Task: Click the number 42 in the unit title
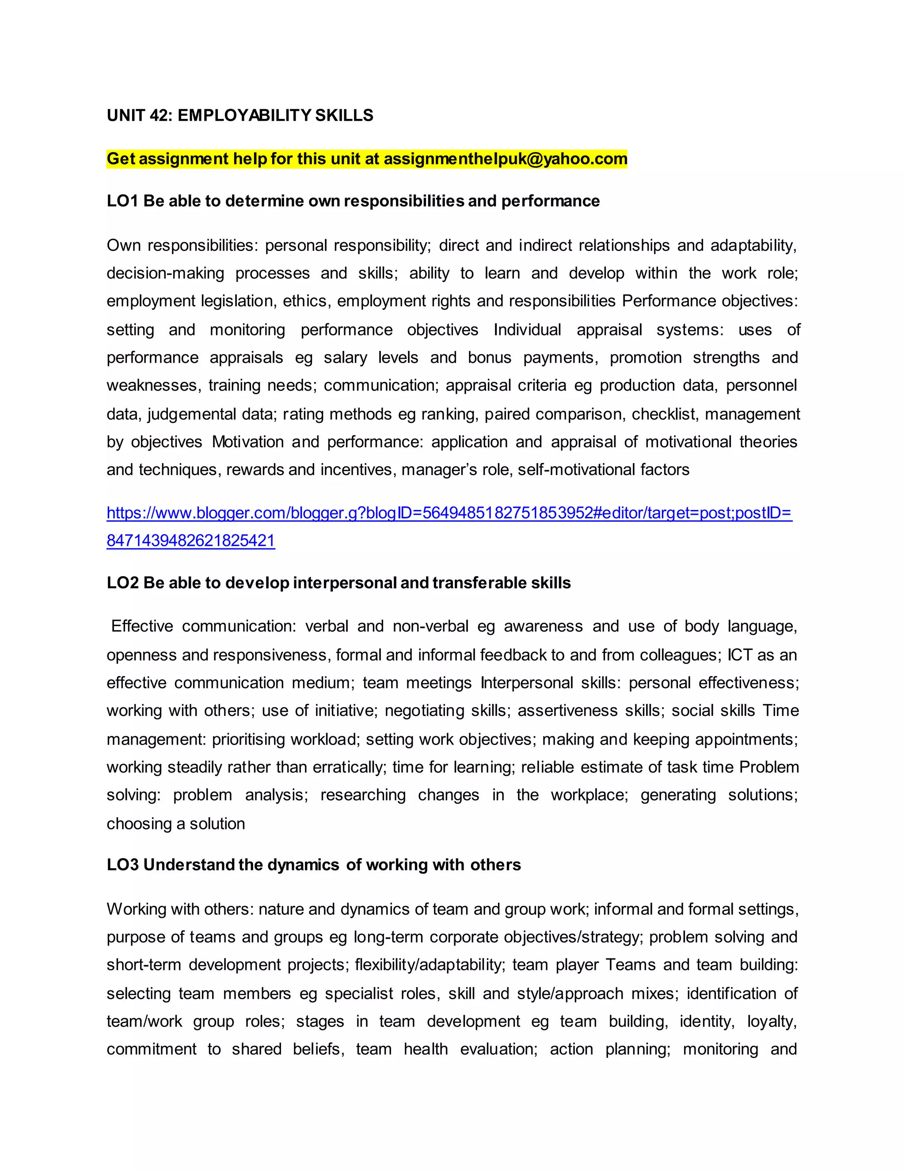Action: pos(159,115)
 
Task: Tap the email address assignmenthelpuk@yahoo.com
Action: pos(505,159)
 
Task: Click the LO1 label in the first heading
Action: pos(122,201)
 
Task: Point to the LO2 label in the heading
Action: pos(122,583)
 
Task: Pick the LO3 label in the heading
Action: pos(122,865)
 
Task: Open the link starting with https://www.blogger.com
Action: pos(449,513)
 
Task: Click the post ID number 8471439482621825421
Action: pos(190,540)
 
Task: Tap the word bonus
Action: pos(490,357)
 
